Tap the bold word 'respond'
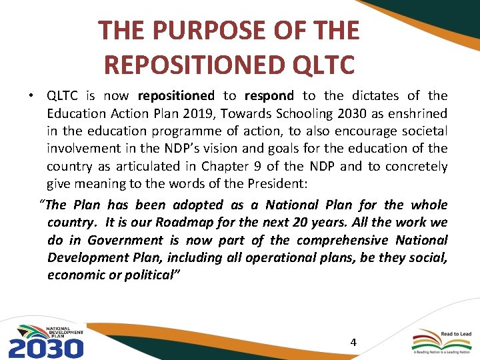click(269, 96)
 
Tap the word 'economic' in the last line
click(73, 275)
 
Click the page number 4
click(353, 342)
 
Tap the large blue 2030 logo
click(45, 347)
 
